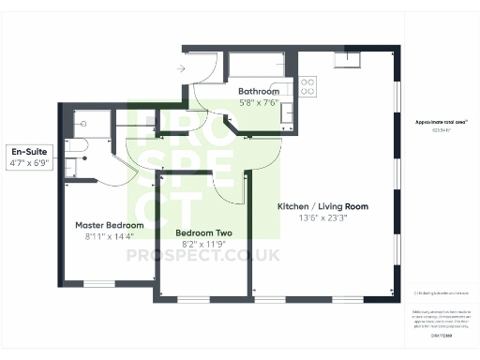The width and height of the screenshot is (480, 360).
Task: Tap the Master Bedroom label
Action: tap(110, 226)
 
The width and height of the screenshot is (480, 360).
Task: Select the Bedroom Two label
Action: tap(204, 232)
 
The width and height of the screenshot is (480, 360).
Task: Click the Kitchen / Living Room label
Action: tap(322, 206)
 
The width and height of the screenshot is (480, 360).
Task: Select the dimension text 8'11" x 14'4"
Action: tap(110, 237)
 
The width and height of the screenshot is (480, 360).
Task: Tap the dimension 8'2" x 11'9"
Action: tap(203, 244)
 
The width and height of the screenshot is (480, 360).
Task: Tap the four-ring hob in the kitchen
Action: tap(307, 87)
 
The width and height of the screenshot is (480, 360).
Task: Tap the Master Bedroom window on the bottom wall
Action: tap(97, 283)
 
